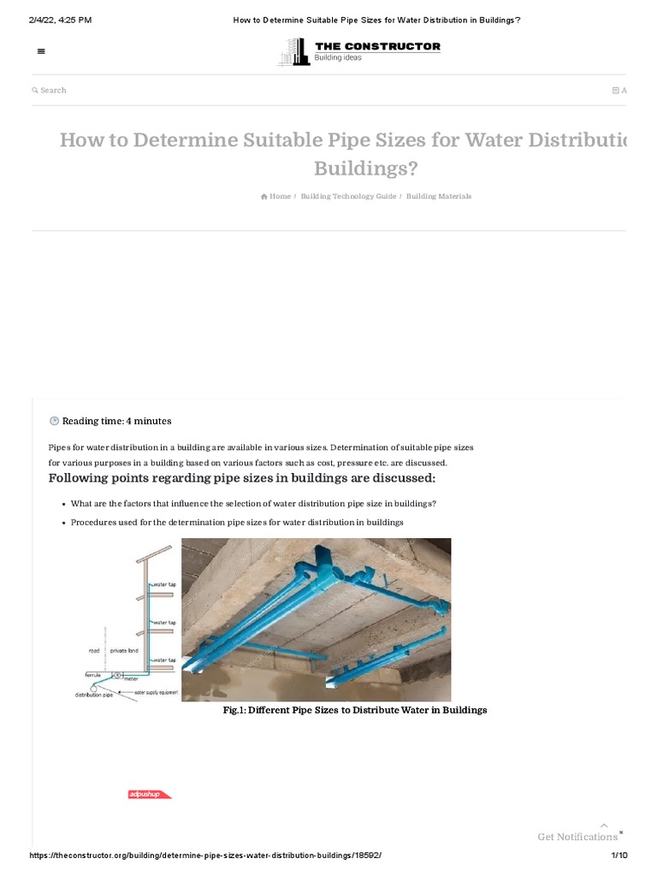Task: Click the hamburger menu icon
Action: [x=41, y=51]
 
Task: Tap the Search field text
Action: [x=52, y=90]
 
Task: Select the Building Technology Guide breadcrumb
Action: [x=348, y=196]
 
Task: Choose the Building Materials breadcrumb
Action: [x=438, y=196]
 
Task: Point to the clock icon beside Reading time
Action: [x=55, y=421]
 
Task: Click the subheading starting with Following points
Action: [x=242, y=477]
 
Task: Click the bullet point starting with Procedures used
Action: [x=236, y=522]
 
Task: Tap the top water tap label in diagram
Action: [x=164, y=585]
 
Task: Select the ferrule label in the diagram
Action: [x=93, y=674]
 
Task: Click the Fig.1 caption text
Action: [x=354, y=710]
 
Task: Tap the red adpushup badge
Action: [x=149, y=795]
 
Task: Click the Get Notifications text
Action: [x=577, y=837]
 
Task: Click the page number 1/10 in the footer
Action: [x=619, y=855]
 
